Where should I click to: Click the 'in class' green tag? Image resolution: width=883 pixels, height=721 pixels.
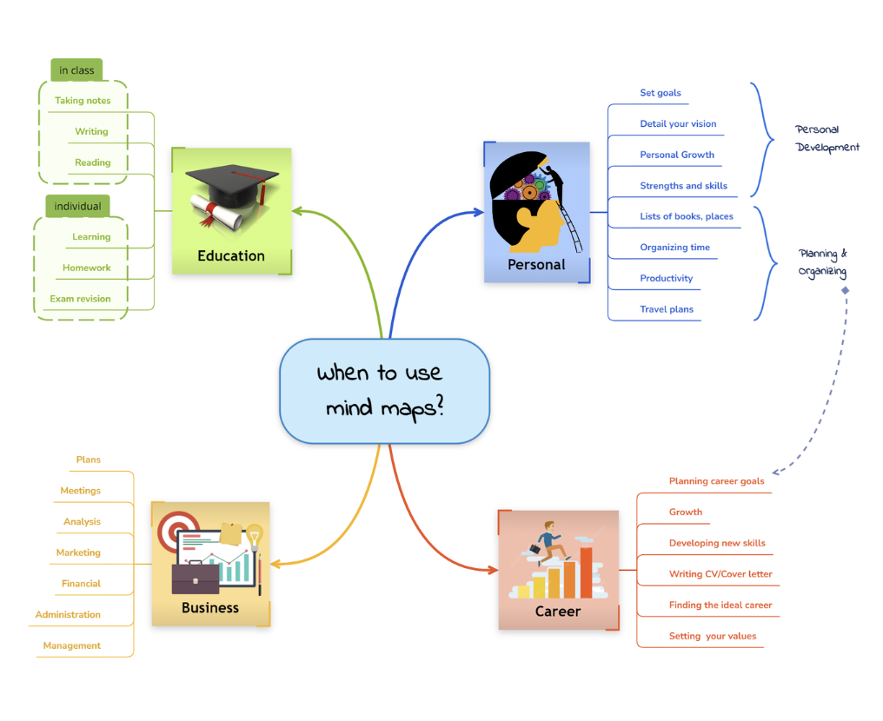tap(76, 70)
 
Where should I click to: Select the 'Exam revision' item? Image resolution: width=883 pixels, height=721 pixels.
tap(80, 299)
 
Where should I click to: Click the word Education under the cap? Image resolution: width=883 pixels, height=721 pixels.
tap(231, 255)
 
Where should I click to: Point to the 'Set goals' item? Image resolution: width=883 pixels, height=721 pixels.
tap(661, 93)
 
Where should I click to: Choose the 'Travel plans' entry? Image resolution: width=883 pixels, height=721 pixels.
tap(667, 309)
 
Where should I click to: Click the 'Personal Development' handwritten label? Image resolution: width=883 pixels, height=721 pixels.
tap(827, 138)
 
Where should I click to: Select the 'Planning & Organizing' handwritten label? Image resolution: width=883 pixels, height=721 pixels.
tap(822, 262)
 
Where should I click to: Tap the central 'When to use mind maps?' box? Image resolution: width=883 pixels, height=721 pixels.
tap(384, 391)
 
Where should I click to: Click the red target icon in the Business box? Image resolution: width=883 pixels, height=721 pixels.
tap(178, 527)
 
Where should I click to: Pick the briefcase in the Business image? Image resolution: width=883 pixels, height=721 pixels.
tap(196, 578)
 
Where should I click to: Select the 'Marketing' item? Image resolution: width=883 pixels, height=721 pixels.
tap(78, 552)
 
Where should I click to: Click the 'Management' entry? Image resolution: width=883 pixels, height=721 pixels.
tap(72, 645)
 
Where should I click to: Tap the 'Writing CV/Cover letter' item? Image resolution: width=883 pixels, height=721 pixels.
tap(720, 574)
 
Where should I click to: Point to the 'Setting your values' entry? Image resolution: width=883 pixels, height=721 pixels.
tap(713, 636)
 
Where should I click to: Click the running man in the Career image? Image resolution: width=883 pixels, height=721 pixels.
tap(548, 540)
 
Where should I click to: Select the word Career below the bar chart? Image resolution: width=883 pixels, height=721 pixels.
tap(558, 611)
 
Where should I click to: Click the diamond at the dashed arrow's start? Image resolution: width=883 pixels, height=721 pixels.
tap(845, 290)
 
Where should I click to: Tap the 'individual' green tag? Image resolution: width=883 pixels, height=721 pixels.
tap(77, 206)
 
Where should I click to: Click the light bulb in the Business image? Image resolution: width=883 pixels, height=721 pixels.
tap(255, 535)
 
